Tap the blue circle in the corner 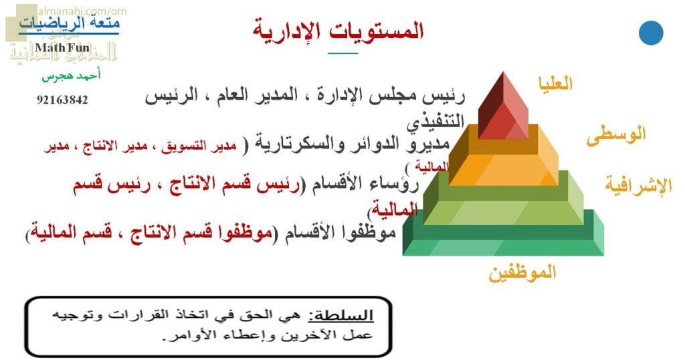(650, 33)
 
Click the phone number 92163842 (62, 100)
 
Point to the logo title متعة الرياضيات (70, 25)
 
